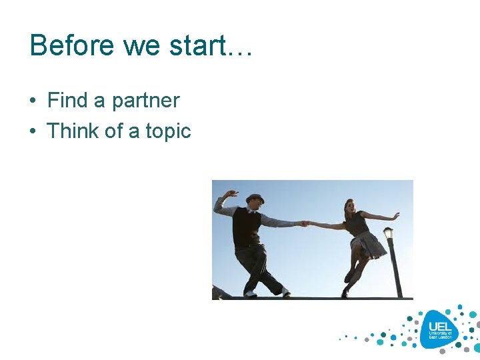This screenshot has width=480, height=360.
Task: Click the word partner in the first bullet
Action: [145, 101]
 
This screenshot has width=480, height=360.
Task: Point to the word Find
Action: [67, 101]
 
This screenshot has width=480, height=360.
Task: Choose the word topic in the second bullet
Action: [168, 131]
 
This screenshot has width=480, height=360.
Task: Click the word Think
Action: [73, 131]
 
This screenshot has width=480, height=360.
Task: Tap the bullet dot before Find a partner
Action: [33, 101]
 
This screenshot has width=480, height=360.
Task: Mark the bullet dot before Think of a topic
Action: [33, 132]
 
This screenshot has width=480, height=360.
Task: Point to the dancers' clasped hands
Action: [305, 223]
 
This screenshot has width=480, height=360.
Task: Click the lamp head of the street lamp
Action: [388, 233]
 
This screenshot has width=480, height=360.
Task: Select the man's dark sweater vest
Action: [246, 227]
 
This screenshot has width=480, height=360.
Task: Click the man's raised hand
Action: [231, 194]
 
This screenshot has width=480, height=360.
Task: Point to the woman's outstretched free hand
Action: [395, 216]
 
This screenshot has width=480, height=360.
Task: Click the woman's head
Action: [349, 206]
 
